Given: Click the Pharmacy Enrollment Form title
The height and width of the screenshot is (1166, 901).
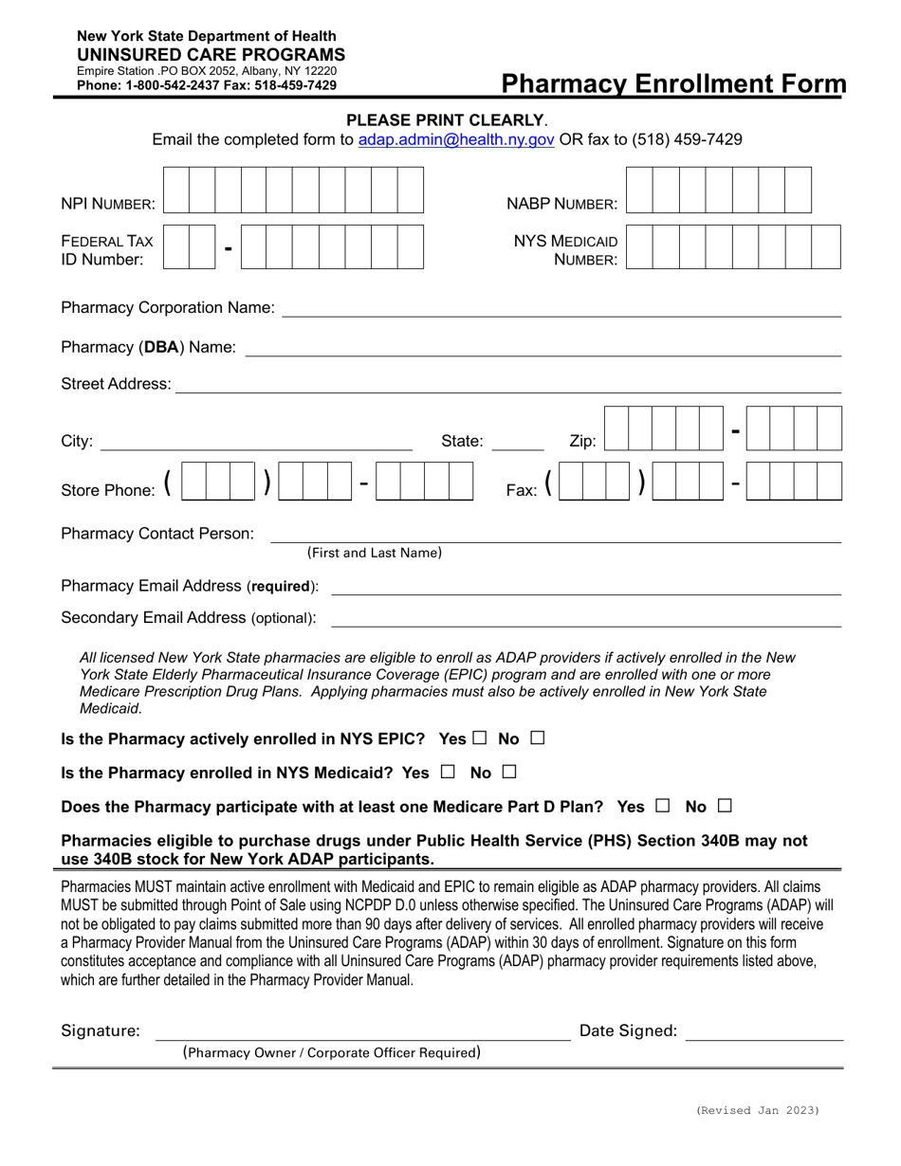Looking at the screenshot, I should [673, 84].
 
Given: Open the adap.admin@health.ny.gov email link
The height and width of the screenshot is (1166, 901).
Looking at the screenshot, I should [456, 139].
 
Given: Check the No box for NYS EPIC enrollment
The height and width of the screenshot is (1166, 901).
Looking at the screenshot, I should [538, 738].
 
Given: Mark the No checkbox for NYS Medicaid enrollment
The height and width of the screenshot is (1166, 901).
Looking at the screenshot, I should [509, 773].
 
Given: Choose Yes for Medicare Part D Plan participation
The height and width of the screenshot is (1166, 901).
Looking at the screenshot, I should [663, 807].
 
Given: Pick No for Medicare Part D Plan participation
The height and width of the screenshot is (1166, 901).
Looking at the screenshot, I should [725, 807].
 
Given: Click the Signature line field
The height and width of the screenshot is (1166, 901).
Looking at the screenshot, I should [362, 1032].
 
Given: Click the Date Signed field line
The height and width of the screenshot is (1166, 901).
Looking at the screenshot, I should [763, 1032].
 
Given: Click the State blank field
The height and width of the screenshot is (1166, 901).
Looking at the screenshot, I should [518, 441].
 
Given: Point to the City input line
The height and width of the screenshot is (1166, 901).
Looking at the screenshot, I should [256, 441].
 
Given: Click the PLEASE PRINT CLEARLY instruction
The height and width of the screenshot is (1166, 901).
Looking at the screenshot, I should [446, 120].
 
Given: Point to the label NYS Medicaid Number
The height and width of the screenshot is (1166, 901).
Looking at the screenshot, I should [566, 249].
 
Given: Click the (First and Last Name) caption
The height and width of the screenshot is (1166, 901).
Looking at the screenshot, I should [374, 553].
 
